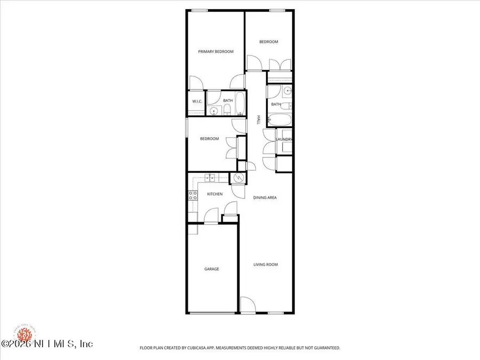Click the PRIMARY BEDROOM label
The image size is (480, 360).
(x=216, y=52)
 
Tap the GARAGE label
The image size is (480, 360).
(x=212, y=269)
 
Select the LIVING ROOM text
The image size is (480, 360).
(x=265, y=265)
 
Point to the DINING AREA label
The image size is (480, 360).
(x=265, y=197)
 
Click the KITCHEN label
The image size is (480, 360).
(x=215, y=194)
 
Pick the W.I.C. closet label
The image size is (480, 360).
(x=195, y=101)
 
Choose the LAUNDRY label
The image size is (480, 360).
(x=284, y=140)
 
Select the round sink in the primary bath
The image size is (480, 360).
(x=214, y=111)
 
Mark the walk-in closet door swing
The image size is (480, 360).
(x=196, y=85)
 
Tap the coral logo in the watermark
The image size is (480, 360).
(x=23, y=334)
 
